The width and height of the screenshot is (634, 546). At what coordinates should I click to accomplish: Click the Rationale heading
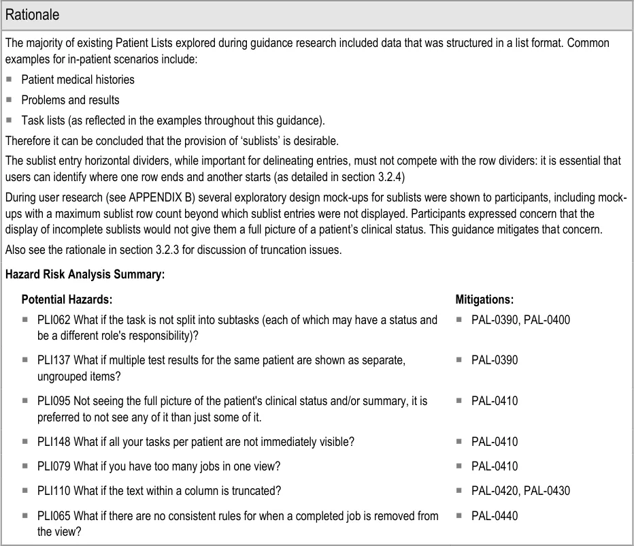point(32,14)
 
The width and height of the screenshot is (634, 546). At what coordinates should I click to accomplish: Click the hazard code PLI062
point(54,319)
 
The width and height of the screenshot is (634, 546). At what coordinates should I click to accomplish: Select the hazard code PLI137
point(54,360)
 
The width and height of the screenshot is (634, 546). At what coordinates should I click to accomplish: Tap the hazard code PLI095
point(54,401)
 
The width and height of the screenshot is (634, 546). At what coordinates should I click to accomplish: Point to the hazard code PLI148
point(54,442)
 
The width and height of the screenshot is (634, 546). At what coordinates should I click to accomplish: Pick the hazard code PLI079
point(54,466)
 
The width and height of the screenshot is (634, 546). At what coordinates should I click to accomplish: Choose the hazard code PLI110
point(54,491)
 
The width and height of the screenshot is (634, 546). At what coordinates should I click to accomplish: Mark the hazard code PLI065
point(54,515)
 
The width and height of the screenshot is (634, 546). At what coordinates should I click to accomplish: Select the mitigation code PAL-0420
point(495,491)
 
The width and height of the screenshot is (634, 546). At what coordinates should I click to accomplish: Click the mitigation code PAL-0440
point(495,515)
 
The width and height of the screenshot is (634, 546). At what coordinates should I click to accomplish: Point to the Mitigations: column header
point(484,299)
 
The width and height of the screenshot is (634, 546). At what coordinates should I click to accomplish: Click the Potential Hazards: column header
point(67,299)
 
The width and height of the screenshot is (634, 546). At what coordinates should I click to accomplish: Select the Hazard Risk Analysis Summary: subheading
point(85,275)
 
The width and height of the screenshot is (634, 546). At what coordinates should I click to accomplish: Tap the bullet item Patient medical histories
point(78,80)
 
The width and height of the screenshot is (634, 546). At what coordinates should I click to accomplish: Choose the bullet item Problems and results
point(70,100)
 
